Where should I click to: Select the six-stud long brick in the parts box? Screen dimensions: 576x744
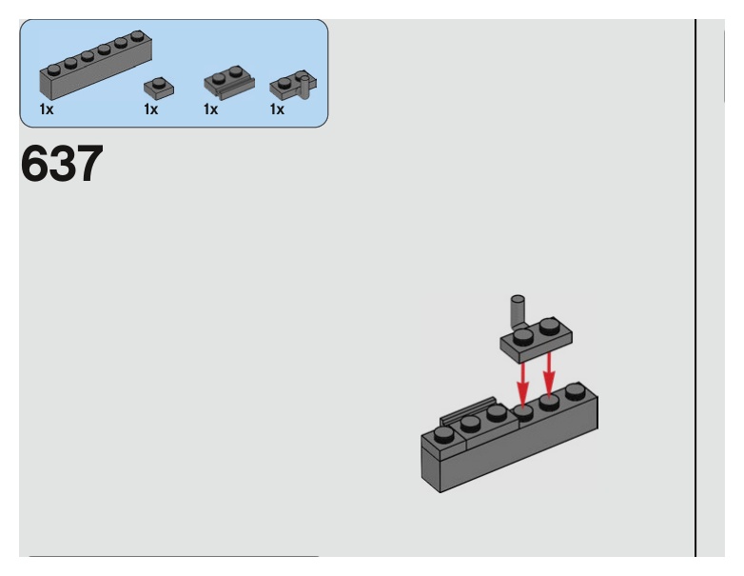tap(95, 66)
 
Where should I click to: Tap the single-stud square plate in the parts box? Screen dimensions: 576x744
tap(158, 88)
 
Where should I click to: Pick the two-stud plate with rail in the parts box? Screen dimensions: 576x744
tap(228, 83)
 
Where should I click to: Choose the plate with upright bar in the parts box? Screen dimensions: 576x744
tap(291, 87)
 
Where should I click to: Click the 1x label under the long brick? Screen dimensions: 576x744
tap(46, 110)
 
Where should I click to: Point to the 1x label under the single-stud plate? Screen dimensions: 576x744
tap(150, 110)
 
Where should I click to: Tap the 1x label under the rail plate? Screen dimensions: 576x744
tap(210, 110)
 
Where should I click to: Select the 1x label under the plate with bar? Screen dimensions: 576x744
tap(277, 110)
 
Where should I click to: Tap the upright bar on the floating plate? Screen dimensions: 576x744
tap(518, 309)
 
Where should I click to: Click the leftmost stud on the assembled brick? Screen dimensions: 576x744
tap(443, 435)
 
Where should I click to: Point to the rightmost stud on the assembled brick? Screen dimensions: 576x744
tap(574, 390)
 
